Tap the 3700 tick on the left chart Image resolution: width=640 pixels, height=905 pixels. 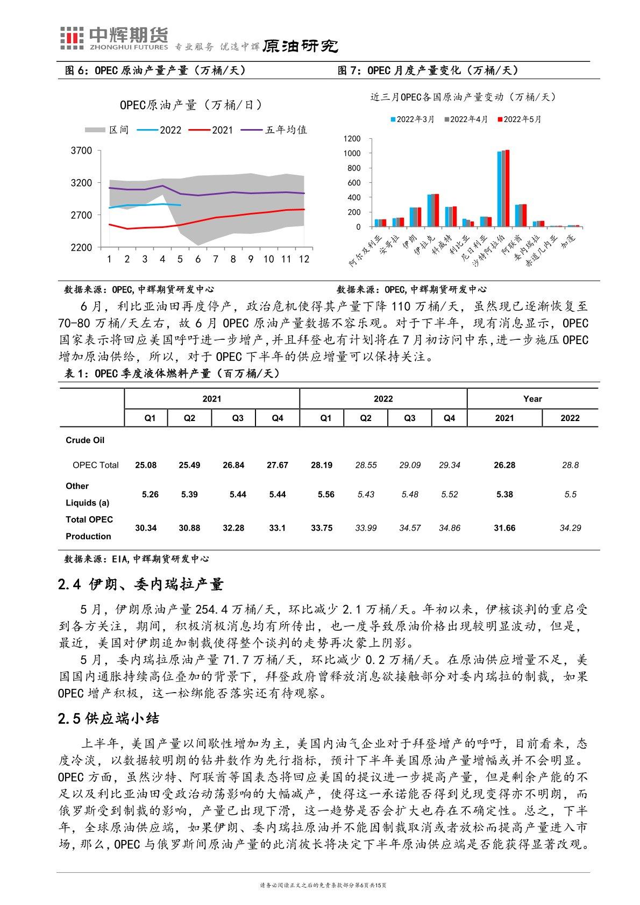[x=82, y=151]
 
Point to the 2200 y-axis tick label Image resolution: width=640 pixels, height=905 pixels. [x=82, y=247]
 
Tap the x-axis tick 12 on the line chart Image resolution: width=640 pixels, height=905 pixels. [x=304, y=259]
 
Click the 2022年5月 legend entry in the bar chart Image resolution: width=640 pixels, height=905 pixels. [x=520, y=119]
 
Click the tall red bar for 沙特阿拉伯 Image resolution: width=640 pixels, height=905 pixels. [x=507, y=188]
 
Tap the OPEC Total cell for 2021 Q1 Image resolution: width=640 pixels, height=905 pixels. [x=146, y=465]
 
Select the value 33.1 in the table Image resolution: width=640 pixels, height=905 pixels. [x=277, y=528]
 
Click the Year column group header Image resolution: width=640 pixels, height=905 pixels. [x=532, y=399]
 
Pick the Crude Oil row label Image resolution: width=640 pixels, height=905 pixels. [x=85, y=440]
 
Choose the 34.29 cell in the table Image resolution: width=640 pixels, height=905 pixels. [x=570, y=528]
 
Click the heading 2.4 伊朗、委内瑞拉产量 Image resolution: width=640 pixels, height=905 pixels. [x=140, y=584]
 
